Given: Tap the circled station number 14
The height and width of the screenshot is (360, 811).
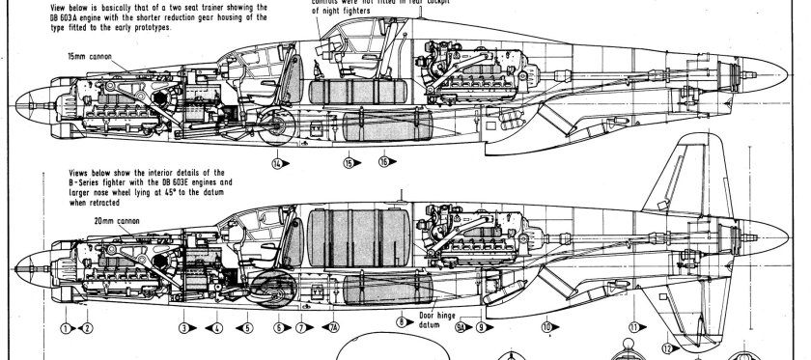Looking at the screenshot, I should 278,163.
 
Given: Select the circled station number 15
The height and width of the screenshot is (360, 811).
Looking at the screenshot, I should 348,163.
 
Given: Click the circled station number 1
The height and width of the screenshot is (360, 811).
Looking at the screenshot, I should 66,328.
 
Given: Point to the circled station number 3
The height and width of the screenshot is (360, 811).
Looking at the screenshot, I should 182,328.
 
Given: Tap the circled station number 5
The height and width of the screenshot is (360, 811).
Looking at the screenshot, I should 248,328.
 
